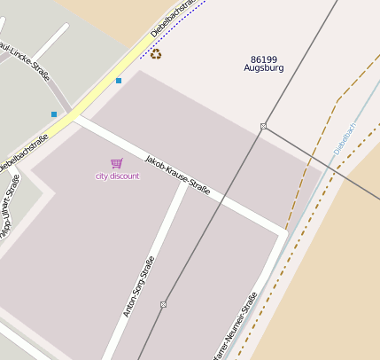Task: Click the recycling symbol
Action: coord(156,54)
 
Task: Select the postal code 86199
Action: coord(264,59)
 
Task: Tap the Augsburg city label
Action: coord(264,68)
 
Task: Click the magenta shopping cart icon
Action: coord(117,163)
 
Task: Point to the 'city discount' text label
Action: coord(118,176)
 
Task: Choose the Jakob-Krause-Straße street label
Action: coord(177,175)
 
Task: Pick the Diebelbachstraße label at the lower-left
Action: coord(23,153)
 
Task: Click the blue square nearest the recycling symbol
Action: coord(119,81)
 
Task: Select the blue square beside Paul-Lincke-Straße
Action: coord(54,114)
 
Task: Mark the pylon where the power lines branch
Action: coord(263,127)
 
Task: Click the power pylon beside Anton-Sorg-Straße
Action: coord(163,304)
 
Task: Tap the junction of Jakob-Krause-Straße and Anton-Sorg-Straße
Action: coord(184,186)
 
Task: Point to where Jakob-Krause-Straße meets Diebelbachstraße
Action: coord(76,118)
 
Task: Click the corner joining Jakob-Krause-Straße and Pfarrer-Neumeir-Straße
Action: coord(283,234)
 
